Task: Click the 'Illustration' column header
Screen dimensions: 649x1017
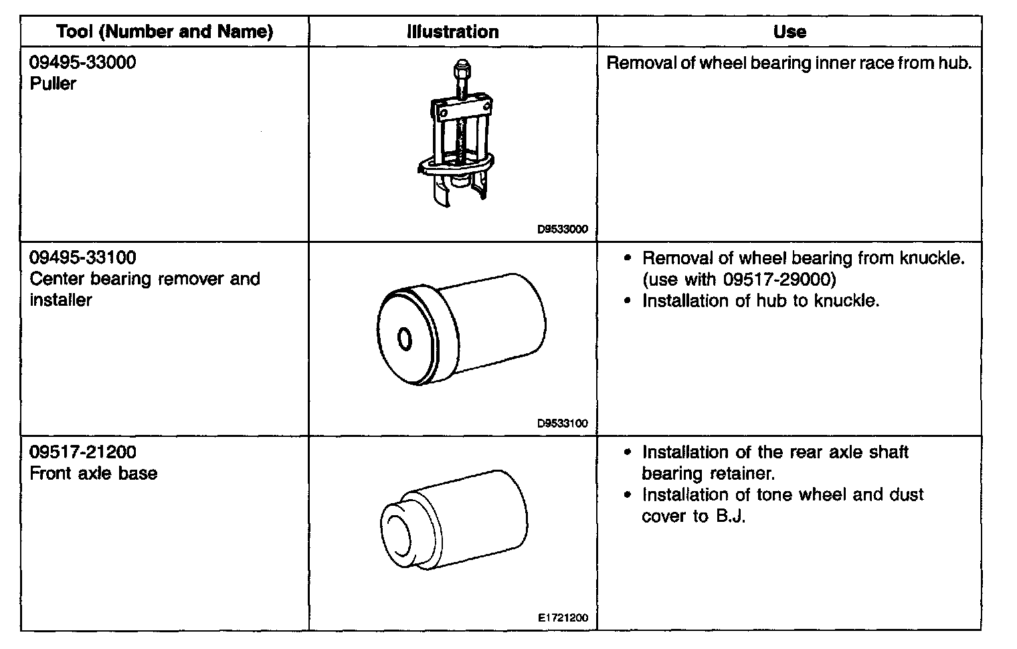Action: pyautogui.click(x=453, y=31)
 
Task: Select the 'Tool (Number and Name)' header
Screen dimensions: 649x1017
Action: pyautogui.click(x=165, y=31)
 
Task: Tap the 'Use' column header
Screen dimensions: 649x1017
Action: pyautogui.click(x=790, y=31)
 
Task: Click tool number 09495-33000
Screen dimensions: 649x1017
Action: pyautogui.click(x=83, y=62)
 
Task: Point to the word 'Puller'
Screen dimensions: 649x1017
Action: pyautogui.click(x=53, y=84)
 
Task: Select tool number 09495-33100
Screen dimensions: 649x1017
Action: pyautogui.click(x=83, y=257)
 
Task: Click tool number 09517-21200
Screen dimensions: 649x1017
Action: pyautogui.click(x=83, y=452)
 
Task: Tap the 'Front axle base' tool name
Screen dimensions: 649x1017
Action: pyautogui.click(x=94, y=473)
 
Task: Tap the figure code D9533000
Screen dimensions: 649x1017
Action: pyautogui.click(x=562, y=229)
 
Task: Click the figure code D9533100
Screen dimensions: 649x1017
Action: pyautogui.click(x=562, y=423)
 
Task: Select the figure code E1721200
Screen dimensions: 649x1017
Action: pyautogui.click(x=563, y=618)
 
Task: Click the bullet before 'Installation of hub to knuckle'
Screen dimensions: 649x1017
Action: pyautogui.click(x=627, y=301)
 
